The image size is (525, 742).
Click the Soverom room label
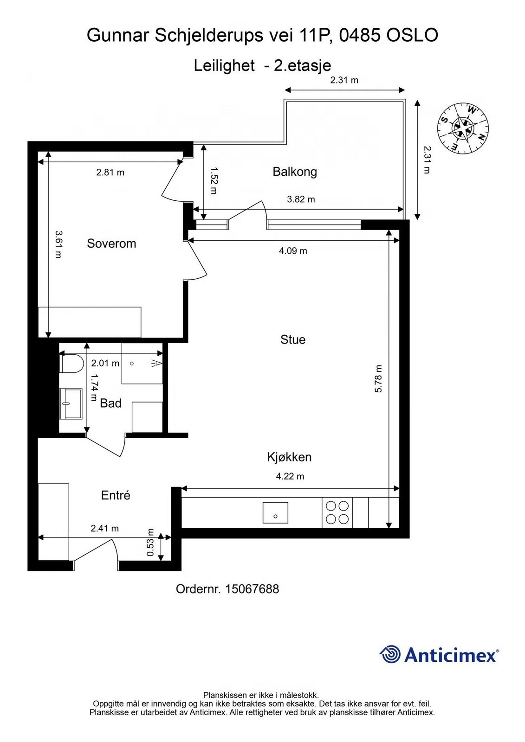tap(111, 243)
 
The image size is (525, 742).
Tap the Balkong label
tap(295, 172)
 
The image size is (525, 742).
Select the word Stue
tap(293, 339)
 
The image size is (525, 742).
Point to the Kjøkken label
tap(289, 457)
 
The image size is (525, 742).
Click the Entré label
tap(116, 495)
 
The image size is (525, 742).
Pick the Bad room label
tap(110, 403)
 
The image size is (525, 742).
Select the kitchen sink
tap(275, 512)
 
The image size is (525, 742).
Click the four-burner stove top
tap(337, 512)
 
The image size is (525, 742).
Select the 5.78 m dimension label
tap(378, 379)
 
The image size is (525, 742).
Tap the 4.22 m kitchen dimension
tap(290, 476)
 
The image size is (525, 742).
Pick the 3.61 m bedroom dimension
tap(58, 244)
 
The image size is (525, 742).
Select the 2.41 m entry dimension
tap(104, 528)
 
